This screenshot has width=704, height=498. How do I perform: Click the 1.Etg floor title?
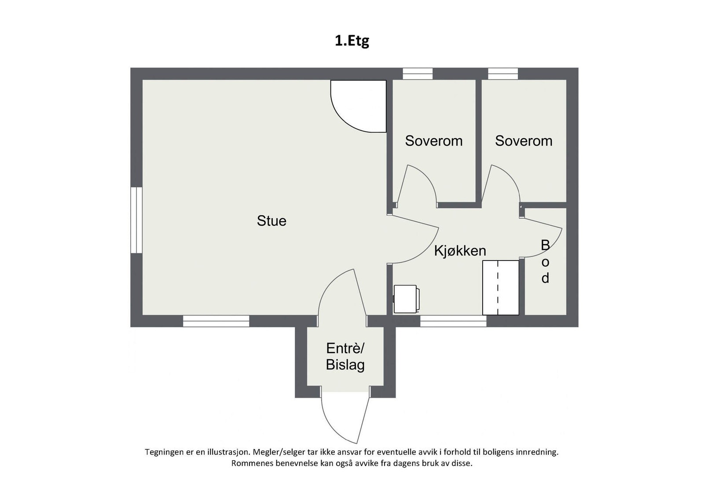click(x=352, y=41)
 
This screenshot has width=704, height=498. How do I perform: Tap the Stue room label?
click(x=271, y=221)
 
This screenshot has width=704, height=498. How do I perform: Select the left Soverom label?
click(x=433, y=141)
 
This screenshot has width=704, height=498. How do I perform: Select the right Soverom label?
click(x=523, y=141)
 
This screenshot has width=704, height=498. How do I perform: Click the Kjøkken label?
click(x=460, y=251)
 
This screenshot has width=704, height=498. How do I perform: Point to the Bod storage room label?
click(x=545, y=262)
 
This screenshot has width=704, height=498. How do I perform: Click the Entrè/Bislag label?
click(x=345, y=357)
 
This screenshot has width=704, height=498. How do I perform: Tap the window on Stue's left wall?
click(x=136, y=220)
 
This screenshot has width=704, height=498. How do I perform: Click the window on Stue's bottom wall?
click(x=216, y=321)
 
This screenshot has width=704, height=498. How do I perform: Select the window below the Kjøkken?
click(x=453, y=321)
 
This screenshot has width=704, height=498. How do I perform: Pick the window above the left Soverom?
click(x=418, y=73)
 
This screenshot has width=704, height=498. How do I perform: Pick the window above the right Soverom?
click(x=503, y=73)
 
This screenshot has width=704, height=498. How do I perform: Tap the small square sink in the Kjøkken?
click(x=406, y=299)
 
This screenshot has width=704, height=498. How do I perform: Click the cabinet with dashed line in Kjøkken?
click(x=501, y=288)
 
